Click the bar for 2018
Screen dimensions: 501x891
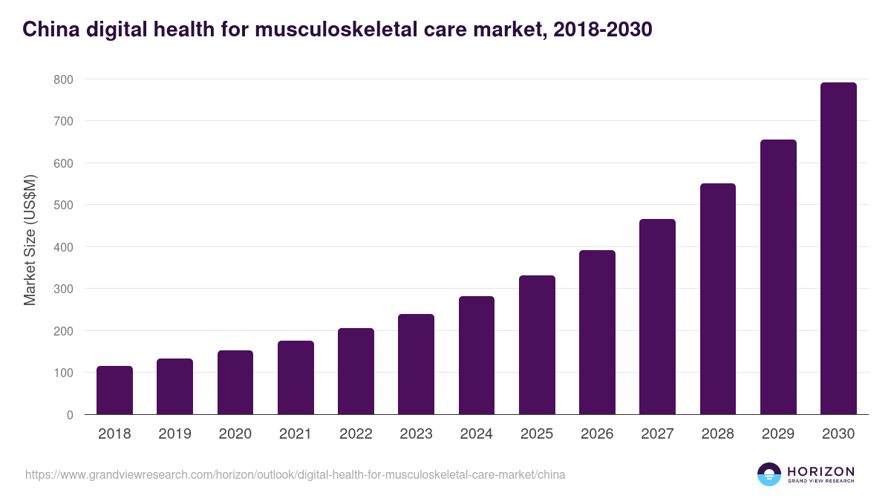tap(114, 390)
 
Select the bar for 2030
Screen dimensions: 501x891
tap(838, 249)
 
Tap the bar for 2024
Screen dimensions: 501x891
tap(477, 356)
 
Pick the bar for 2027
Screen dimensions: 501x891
tap(657, 317)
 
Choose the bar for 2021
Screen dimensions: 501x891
tap(296, 378)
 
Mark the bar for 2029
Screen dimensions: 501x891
tap(778, 277)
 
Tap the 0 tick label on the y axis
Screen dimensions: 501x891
tap(69, 415)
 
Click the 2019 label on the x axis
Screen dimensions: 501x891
tap(174, 434)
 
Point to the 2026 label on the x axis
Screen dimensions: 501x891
tap(597, 434)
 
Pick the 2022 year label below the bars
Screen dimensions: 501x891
tap(356, 434)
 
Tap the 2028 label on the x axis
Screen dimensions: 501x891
tap(717, 434)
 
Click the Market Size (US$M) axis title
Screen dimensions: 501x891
tap(30, 240)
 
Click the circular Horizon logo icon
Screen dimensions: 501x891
tap(768, 474)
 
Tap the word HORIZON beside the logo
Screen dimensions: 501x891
tap(820, 471)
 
